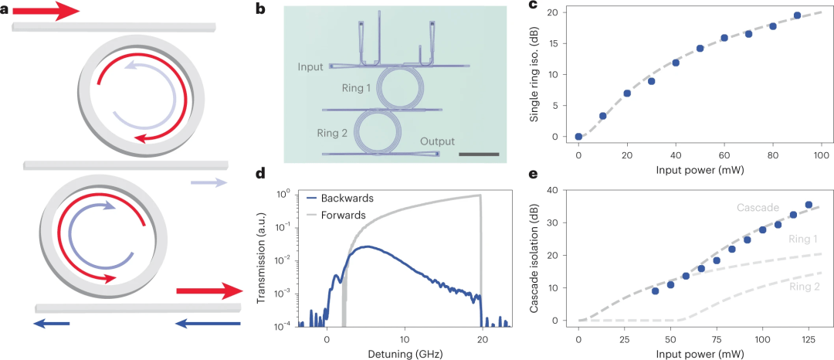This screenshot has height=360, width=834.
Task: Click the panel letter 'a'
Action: pyautogui.click(x=5, y=11)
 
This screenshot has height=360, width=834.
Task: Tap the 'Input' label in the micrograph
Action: pyautogui.click(x=310, y=67)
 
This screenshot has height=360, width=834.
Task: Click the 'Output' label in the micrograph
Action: pyautogui.click(x=437, y=141)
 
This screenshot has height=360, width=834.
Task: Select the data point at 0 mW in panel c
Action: pyautogui.click(x=579, y=137)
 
